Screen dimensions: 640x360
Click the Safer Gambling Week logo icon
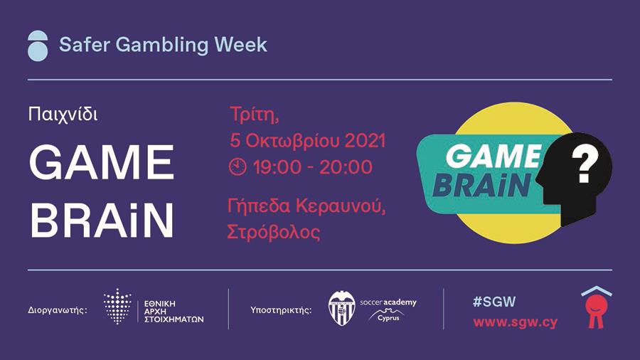pos(38,46)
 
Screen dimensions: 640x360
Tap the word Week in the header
pos(241,44)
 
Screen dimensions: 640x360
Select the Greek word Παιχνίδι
pos(63,114)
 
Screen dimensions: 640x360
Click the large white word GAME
pos(102,162)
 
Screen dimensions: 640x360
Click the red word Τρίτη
pos(255,115)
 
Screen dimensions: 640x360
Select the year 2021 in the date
pos(365,140)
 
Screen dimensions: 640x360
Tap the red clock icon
pos(238,167)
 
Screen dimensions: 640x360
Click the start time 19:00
pos(277,167)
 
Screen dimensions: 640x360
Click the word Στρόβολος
pos(274,232)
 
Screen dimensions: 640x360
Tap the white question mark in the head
pos(585,164)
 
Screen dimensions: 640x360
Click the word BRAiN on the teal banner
pos(482,185)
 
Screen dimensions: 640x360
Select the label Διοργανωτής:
pos(58,309)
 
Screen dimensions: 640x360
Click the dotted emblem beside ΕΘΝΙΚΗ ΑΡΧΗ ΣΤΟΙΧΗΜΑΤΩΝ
pos(117,306)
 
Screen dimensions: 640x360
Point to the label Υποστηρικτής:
pos(281,310)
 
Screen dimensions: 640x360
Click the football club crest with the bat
pos(341,308)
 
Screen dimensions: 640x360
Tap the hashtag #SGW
pos(494,302)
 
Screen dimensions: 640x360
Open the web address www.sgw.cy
pos(515,322)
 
